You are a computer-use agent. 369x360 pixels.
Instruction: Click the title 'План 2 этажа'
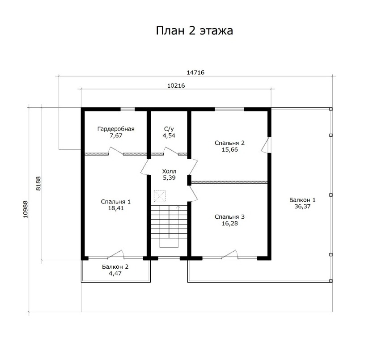pos(195,30)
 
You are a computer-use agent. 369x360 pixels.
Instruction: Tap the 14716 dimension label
pos(195,72)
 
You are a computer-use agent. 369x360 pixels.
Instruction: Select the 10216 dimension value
pos(176,86)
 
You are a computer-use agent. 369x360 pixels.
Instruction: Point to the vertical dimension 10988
pos(25,209)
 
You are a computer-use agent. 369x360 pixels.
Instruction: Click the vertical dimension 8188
pos(38,183)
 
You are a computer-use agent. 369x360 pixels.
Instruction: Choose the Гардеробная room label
pos(116,129)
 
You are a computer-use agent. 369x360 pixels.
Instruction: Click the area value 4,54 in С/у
pos(169,136)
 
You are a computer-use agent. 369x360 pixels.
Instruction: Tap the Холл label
pos(169,171)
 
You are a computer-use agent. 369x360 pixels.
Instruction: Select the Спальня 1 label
pos(115,202)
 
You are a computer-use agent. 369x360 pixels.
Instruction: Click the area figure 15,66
pos(230,150)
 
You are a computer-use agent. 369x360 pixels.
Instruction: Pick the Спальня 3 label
pos(229,217)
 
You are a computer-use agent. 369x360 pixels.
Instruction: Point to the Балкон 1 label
pos(302,200)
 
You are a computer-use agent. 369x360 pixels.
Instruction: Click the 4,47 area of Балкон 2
pos(115,273)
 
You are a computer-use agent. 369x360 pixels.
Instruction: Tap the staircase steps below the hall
pos(169,222)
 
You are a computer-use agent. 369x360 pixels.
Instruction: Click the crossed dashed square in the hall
pos(160,196)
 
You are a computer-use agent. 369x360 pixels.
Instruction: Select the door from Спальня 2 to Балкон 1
pos(266,145)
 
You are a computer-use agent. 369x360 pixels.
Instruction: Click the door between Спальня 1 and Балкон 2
pos(116,254)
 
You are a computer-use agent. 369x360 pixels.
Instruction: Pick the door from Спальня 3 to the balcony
pos(229,254)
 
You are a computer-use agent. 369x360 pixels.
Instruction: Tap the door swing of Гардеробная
pos(115,151)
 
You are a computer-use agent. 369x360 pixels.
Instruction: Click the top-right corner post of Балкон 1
pos(331,109)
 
